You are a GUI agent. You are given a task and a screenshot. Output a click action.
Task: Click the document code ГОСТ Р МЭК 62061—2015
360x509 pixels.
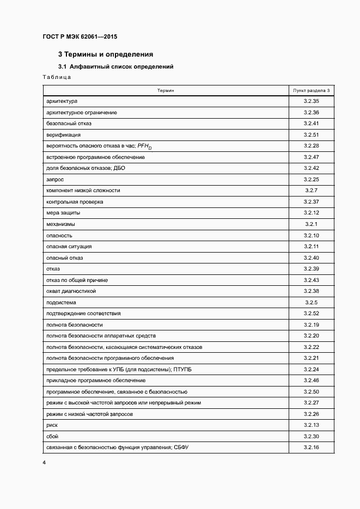click(x=80, y=37)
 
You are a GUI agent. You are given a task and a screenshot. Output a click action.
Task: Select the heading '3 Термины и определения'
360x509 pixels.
click(x=105, y=54)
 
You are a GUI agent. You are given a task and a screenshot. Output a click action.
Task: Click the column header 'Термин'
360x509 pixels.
click(x=166, y=90)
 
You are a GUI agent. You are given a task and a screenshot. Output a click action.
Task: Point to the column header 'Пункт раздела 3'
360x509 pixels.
click(x=311, y=90)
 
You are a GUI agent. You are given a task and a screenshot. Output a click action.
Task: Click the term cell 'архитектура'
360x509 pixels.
click(x=62, y=101)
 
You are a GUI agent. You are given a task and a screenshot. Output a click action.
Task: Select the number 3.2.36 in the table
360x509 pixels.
click(x=311, y=113)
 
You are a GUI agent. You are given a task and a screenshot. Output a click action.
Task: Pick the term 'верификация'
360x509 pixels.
click(x=64, y=135)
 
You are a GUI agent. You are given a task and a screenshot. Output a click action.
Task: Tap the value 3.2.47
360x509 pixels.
click(x=311, y=157)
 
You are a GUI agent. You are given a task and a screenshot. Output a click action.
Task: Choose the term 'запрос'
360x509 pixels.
click(x=56, y=179)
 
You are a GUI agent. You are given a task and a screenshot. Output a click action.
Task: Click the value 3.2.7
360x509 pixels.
click(x=311, y=191)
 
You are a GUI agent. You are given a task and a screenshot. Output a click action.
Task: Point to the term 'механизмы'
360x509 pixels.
click(x=61, y=224)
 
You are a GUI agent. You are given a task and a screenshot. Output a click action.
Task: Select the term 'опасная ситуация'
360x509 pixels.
click(x=69, y=247)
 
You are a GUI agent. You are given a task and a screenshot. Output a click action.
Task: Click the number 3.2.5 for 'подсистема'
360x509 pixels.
click(x=311, y=302)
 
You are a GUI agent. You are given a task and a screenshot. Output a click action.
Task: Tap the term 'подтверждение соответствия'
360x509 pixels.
click(x=84, y=314)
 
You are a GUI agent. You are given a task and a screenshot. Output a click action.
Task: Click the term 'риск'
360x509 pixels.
click(x=52, y=425)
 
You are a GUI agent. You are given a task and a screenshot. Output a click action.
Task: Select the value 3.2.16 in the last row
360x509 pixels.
click(x=311, y=447)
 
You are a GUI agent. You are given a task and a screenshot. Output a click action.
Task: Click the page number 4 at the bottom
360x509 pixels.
click(x=44, y=463)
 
